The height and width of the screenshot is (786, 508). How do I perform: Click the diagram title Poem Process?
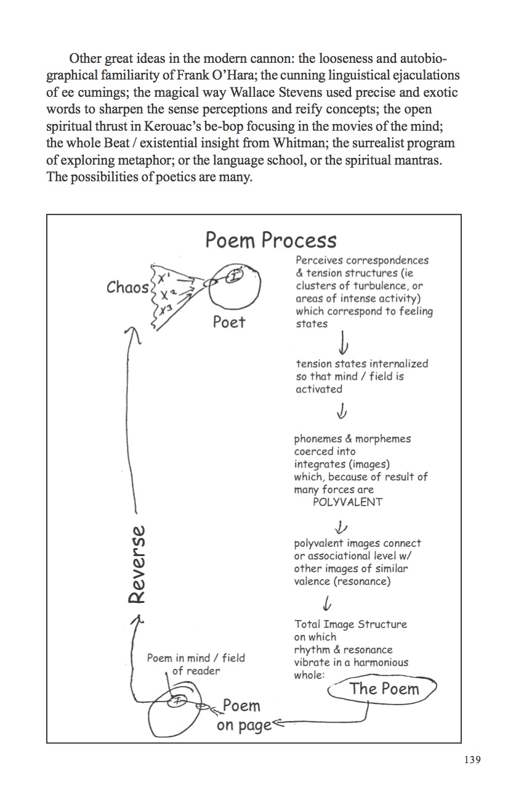coord(270,240)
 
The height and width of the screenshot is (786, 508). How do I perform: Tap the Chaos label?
coord(127,287)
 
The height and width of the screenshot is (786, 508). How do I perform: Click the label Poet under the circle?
coord(228,321)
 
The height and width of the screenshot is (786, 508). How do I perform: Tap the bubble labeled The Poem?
coord(384,689)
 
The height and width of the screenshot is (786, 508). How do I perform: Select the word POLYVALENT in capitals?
coord(347,502)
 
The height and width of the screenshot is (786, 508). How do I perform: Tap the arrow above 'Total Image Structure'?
coord(329,601)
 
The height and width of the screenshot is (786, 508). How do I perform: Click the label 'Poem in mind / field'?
coord(196,658)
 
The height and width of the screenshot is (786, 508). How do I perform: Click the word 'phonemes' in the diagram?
coord(314,439)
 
